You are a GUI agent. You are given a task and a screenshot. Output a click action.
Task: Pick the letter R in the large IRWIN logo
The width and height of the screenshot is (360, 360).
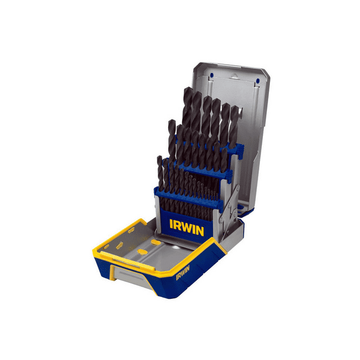point(178,226)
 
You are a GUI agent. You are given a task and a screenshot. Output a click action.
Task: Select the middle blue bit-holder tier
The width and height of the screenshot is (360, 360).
point(200,171)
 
